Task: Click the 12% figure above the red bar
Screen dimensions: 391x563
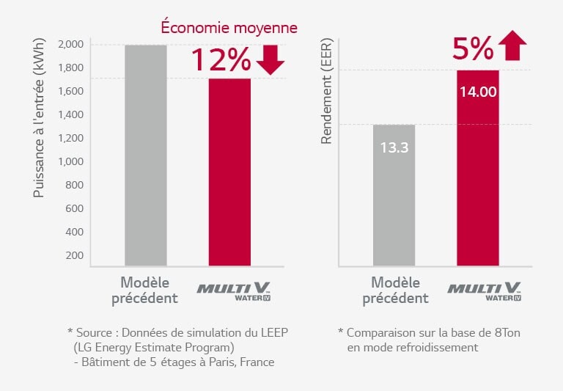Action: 221,59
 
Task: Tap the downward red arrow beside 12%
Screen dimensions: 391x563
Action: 271,59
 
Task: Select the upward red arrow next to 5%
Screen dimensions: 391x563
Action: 512,47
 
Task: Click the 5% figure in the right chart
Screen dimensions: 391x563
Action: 472,48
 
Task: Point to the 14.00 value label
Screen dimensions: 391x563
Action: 478,92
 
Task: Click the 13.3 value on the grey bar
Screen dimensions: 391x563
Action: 394,147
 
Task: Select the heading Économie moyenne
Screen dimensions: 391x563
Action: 229,28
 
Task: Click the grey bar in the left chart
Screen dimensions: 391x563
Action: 145,154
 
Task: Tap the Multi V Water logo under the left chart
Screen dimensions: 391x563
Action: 229,291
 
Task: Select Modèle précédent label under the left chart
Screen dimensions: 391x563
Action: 144,290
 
